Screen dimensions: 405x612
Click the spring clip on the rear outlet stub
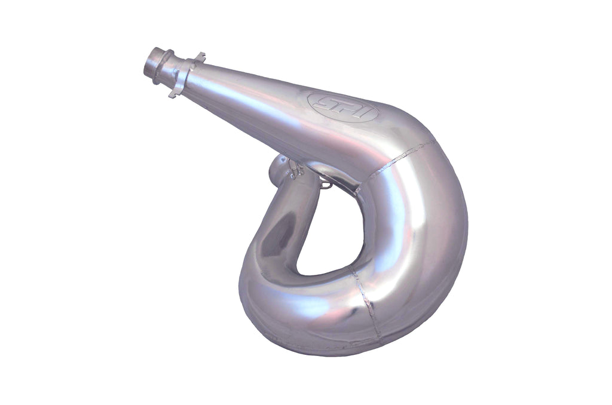[294, 169]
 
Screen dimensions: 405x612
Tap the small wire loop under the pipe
[325, 185]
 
